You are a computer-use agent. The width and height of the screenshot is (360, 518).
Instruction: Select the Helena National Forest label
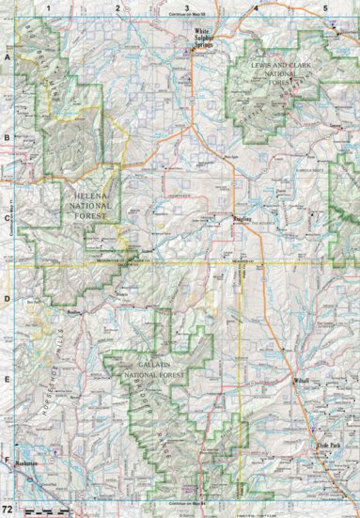click(87, 201)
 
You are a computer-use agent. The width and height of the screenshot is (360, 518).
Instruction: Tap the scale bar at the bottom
click(42, 510)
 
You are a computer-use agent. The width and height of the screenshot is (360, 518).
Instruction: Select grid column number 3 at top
click(187, 8)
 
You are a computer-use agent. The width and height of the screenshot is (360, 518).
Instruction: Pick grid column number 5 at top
click(325, 8)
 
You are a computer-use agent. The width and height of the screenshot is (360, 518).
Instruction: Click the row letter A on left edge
click(7, 58)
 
